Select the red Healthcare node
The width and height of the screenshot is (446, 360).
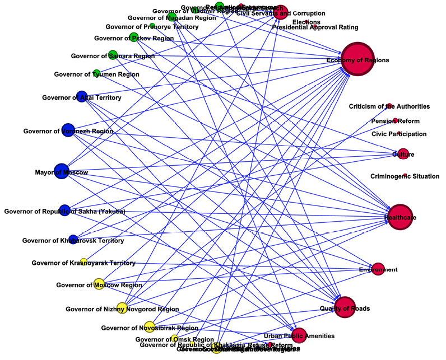pyautogui.click(x=400, y=217)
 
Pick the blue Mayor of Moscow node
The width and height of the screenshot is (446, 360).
pyautogui.click(x=61, y=172)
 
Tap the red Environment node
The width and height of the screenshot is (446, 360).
pyautogui.click(x=378, y=270)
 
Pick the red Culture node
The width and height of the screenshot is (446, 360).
pyautogui.click(x=403, y=154)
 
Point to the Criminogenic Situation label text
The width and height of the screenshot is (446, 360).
pyautogui.click(x=405, y=177)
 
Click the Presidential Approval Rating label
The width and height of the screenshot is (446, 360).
pyautogui.click(x=315, y=27)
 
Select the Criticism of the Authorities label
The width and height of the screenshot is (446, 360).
pyautogui.click(x=389, y=106)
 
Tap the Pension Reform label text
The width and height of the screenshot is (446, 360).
pyautogui.click(x=395, y=121)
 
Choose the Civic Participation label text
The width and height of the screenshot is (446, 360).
pyautogui.click(x=399, y=134)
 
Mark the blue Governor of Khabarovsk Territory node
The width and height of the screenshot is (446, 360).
pyautogui.click(x=73, y=240)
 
